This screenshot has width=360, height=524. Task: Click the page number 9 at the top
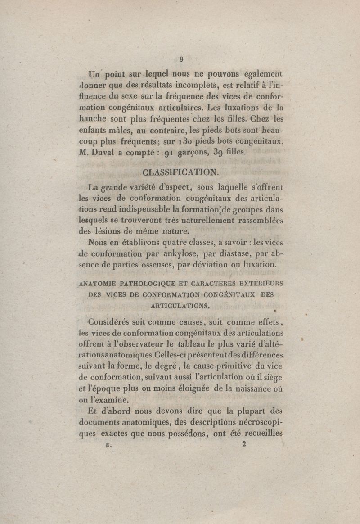pos(180,58)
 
